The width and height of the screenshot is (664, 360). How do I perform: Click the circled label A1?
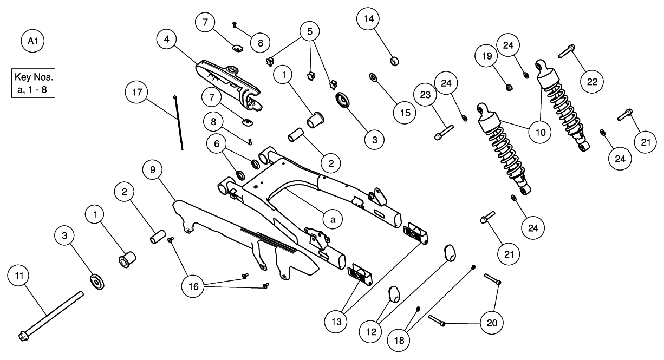tap(32, 41)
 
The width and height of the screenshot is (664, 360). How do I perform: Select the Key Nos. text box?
tap(32, 82)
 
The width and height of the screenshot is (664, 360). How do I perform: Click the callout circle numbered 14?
tap(368, 19)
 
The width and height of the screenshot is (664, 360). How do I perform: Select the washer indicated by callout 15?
tap(373, 77)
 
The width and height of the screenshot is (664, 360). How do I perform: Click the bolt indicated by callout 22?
tap(567, 51)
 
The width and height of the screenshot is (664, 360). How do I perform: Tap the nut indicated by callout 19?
tap(509, 86)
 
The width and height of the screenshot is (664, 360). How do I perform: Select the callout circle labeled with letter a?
tap(333, 218)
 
